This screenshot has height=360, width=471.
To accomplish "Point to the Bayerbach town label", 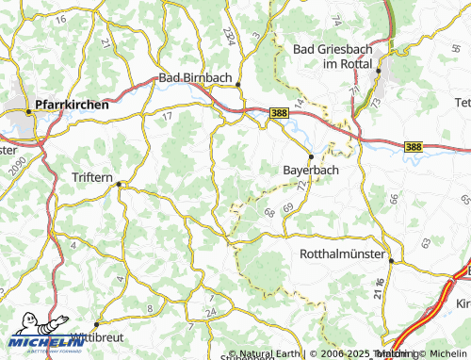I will click(x=311, y=171).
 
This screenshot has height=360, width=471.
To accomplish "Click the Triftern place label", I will click(x=97, y=176).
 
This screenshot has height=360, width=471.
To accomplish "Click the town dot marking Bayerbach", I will click(x=311, y=156).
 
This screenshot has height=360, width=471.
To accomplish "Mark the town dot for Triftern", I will click(x=119, y=185).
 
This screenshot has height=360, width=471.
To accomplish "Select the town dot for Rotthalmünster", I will click(x=391, y=261).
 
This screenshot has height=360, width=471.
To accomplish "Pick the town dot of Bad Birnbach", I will click(x=238, y=84).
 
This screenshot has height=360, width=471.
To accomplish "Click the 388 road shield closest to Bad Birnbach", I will click(x=278, y=112).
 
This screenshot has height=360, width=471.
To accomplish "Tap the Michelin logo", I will click(x=39, y=341).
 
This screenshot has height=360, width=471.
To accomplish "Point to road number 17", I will click(x=167, y=117).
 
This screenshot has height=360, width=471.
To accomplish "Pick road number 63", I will click(x=426, y=242).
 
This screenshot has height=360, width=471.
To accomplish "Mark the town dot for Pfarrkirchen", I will click(x=29, y=112).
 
